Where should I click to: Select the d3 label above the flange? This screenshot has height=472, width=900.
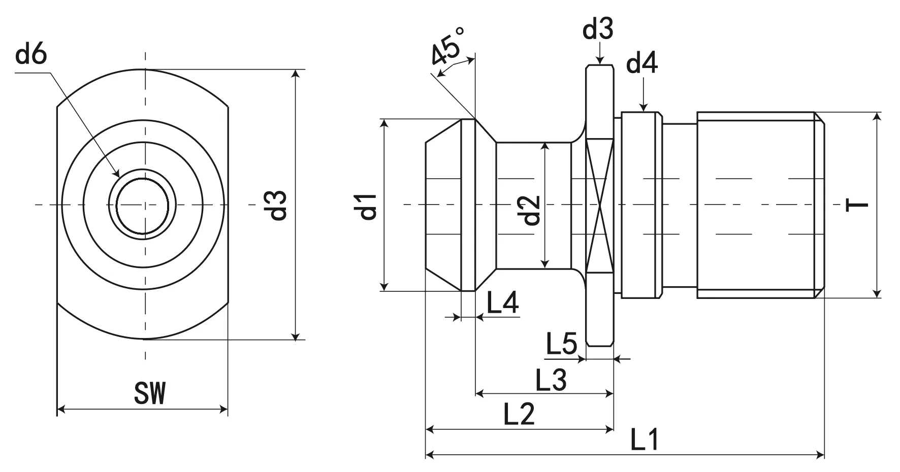click(598, 29)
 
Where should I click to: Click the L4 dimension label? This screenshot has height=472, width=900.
click(502, 303)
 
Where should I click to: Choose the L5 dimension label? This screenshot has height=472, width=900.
click(561, 344)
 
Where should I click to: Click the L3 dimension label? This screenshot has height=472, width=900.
click(551, 380)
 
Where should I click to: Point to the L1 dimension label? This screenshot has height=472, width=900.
click(645, 440)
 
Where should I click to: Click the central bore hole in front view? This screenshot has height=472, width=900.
click(142, 205)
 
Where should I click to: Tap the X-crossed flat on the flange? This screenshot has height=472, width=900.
click(600, 205)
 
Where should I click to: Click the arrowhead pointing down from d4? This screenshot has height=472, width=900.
click(643, 107)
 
